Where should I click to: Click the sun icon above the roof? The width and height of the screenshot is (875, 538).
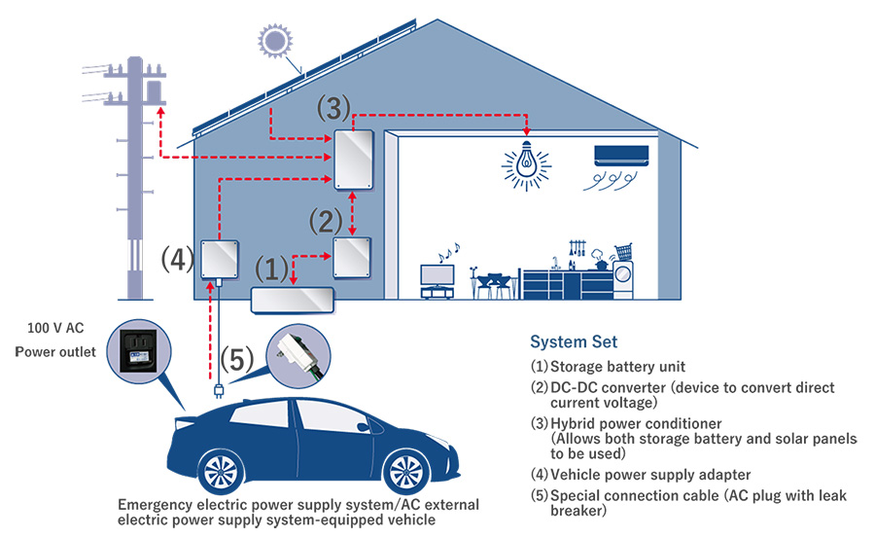(275, 41)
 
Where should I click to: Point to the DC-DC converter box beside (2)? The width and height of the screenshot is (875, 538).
(352, 256)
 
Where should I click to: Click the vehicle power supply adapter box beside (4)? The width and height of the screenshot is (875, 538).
(221, 259)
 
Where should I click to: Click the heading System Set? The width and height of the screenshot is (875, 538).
(574, 342)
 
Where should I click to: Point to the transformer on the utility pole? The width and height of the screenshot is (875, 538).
(152, 91)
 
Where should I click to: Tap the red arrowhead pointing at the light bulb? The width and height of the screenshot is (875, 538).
(527, 132)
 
